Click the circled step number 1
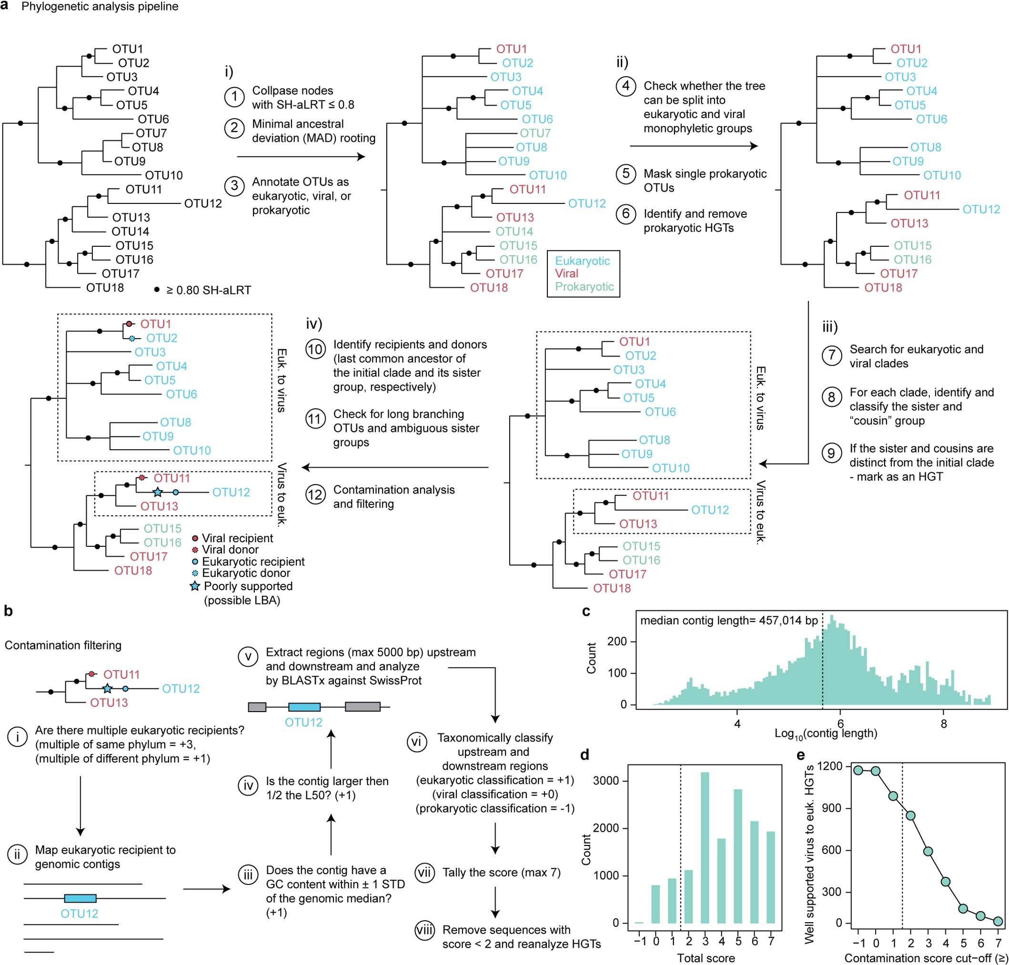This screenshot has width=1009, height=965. point(235,97)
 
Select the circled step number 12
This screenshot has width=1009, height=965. point(315,495)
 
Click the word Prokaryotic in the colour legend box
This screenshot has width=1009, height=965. point(584,287)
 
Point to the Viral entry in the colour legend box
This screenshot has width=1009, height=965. point(566,274)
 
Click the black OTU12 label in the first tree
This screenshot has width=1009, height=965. point(203,203)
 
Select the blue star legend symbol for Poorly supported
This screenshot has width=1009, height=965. point(195,586)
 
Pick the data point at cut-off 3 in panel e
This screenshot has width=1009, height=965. point(928,851)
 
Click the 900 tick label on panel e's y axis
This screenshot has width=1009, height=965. point(834,808)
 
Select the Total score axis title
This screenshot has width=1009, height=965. point(706,958)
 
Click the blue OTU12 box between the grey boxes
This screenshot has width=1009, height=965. point(304,707)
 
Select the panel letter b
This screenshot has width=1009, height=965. point(8,611)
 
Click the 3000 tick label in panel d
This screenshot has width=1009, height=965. point(605,780)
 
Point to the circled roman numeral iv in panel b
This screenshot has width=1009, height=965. point(248,785)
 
